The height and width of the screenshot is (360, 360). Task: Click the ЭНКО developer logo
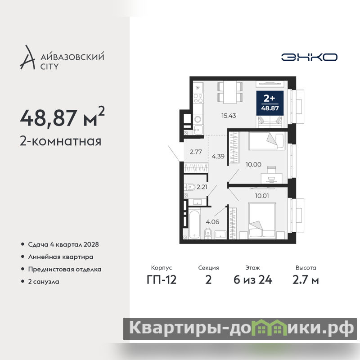click(309, 57)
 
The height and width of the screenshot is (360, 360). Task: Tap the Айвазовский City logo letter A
click(28, 58)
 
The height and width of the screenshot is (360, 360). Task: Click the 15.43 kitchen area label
click(229, 116)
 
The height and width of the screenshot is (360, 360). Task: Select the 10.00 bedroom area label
click(253, 164)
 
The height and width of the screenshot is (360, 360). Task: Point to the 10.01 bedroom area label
click(262, 196)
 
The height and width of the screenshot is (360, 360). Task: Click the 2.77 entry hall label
click(196, 152)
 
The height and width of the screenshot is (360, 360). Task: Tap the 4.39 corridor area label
click(218, 156)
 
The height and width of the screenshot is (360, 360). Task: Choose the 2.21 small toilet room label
click(202, 187)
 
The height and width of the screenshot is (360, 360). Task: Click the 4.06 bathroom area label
click(212, 222)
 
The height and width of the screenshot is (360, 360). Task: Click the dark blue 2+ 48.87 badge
click(270, 103)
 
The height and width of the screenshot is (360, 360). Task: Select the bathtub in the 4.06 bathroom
click(195, 225)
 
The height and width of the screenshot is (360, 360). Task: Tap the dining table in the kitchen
click(230, 92)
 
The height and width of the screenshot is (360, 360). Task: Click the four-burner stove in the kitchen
click(198, 98)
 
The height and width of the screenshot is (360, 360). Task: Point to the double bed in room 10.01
click(262, 220)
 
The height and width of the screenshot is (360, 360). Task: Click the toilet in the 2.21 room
click(190, 187)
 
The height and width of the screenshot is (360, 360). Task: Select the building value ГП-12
click(162, 280)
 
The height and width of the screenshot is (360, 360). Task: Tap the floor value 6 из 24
click(253, 280)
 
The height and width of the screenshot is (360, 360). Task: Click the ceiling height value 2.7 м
click(306, 280)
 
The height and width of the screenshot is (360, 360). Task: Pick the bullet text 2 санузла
click(44, 282)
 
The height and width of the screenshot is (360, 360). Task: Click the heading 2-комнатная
click(61, 141)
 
